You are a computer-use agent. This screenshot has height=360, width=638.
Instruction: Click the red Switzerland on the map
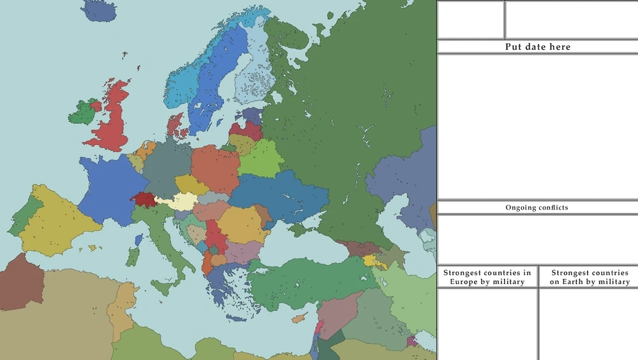(144, 199)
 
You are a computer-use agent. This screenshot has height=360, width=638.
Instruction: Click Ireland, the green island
(82, 114)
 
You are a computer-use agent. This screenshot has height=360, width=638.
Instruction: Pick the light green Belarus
(260, 160)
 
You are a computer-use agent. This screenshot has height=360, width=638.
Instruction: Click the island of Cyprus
(299, 318)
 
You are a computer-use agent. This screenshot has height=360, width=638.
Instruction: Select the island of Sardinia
(133, 257)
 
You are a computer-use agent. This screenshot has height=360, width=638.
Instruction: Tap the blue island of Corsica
(138, 240)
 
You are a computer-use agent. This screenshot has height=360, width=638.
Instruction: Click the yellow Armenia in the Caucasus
(370, 260)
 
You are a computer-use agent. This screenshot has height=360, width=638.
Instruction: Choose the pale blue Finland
(255, 70)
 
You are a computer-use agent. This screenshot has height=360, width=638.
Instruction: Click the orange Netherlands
(146, 151)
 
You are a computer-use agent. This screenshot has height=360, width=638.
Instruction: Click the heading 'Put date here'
(537, 47)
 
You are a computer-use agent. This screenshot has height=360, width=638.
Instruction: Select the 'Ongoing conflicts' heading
(537, 207)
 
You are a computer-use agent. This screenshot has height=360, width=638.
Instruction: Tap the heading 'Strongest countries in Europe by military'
(487, 277)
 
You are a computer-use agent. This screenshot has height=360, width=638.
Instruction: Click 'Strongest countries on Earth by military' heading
(589, 277)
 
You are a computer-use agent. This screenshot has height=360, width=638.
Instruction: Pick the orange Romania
(241, 225)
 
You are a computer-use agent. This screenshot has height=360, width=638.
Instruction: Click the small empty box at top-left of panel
(470, 20)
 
